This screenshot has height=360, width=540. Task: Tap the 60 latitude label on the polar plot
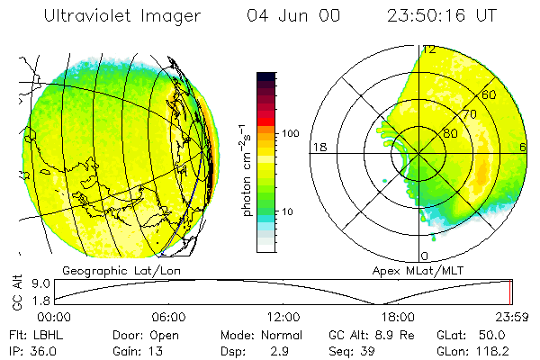[490, 94]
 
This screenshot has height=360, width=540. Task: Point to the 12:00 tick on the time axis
[283, 317]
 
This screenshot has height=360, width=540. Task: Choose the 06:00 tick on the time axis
[168, 317]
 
